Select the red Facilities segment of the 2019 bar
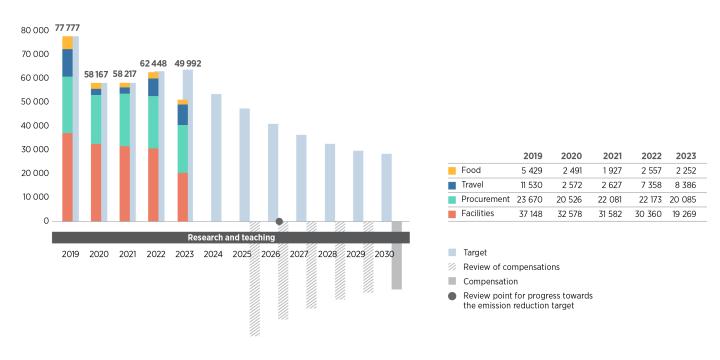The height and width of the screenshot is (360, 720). coord(67,176)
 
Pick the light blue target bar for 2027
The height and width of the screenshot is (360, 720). coord(301,178)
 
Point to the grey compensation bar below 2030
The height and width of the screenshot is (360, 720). coord(396,255)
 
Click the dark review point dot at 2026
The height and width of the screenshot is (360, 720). coord(279,221)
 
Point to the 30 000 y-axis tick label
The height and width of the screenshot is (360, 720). coord(34,149)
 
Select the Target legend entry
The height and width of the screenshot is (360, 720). coord(479,254)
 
